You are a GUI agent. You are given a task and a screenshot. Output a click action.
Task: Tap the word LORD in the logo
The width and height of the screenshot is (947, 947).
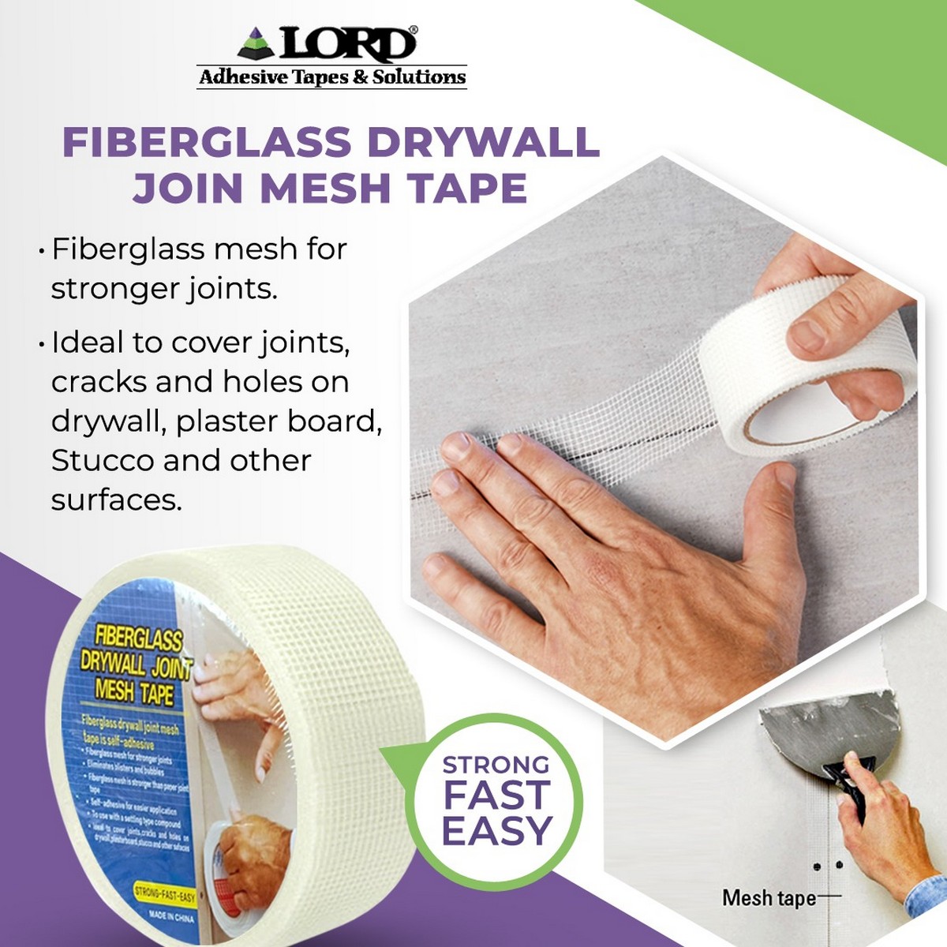coord(347,44)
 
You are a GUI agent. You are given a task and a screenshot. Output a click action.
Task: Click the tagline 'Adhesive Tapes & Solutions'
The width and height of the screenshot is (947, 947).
coord(332,77)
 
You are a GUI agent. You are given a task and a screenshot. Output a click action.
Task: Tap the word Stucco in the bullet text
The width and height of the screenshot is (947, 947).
coord(100,461)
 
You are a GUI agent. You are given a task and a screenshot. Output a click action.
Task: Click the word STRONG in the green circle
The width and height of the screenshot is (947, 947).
coord(496,765)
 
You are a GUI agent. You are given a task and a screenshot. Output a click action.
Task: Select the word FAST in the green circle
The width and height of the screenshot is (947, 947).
coord(496,795)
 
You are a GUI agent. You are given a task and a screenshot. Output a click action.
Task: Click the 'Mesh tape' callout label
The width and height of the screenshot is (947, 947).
coord(769,898)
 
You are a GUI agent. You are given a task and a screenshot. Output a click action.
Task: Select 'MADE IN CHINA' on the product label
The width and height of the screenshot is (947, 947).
coord(170,915)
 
